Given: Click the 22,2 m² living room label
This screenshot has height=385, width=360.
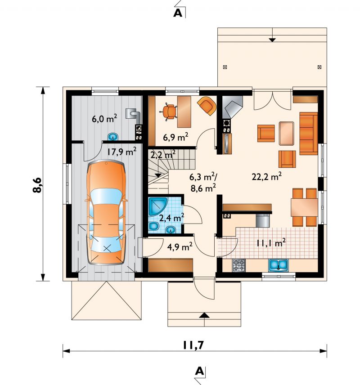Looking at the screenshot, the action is click(266, 177).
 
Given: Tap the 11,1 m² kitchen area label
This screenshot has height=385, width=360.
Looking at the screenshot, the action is click(271, 243).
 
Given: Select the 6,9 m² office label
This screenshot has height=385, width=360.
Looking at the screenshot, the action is click(175, 137).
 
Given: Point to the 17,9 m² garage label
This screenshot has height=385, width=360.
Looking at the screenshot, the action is click(121, 152).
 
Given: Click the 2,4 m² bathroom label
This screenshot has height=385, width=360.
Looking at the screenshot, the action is click(172, 217).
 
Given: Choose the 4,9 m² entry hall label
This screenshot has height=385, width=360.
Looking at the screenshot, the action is click(180, 247).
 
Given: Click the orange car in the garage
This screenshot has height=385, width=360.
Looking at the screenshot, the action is click(106, 212).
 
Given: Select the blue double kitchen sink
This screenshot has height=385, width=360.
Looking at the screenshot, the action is click(279, 265).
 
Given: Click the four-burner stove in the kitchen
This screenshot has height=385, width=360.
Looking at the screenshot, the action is click(238, 265).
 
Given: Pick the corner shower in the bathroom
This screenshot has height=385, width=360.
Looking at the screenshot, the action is click(158, 206).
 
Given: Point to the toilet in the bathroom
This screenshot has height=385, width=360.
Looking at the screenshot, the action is click(154, 226).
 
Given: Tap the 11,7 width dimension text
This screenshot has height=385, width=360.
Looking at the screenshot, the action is click(193, 345).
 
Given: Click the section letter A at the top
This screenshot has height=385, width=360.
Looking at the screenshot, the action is click(178, 13).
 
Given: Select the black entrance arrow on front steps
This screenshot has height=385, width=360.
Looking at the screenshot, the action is click(204, 315).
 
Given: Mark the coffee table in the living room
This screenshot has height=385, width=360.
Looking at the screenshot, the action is click(287, 133).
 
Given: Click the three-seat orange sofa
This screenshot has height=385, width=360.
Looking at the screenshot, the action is click(309, 134).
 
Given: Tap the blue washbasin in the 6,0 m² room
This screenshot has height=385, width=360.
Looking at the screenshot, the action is click(113, 137).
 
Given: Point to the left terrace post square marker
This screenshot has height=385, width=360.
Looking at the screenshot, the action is click(225, 67).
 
